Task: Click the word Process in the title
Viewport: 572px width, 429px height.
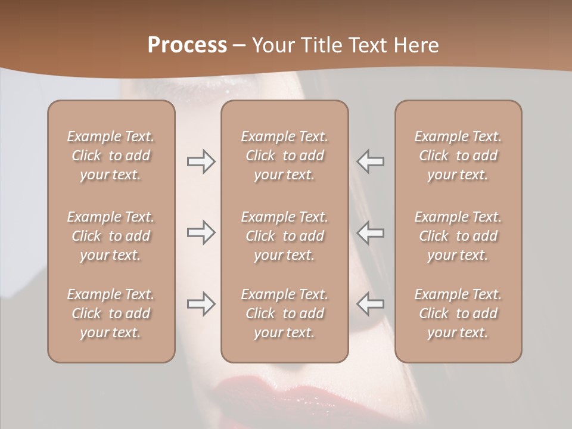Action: [187, 45]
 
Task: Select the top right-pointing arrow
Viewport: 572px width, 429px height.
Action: [201, 161]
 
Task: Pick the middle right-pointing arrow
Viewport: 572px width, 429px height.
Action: [201, 232]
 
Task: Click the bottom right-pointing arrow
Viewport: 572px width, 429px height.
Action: [201, 304]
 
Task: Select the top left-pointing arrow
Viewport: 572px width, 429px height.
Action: [370, 161]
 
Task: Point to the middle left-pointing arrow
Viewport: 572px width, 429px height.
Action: [370, 232]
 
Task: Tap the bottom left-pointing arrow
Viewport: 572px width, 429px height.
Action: [370, 304]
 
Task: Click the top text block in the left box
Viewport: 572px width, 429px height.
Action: [111, 156]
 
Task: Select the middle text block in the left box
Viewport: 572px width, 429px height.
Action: [111, 236]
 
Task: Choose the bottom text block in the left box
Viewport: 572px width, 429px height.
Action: [111, 313]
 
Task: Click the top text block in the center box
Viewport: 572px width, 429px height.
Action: [284, 156]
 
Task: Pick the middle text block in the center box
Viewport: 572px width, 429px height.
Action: [284, 236]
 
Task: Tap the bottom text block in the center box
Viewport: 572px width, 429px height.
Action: [284, 313]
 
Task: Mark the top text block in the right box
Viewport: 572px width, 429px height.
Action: [458, 156]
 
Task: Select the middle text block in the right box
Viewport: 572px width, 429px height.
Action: [458, 236]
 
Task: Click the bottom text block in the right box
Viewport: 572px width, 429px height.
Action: [458, 313]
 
